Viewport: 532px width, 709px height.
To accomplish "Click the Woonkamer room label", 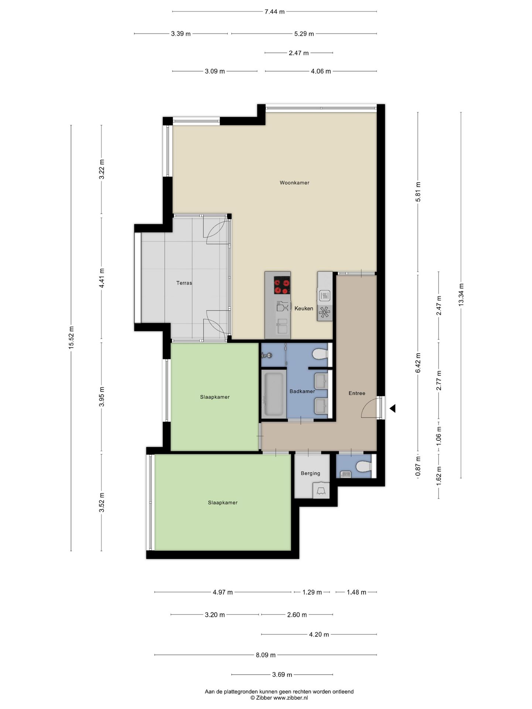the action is [x=294, y=182].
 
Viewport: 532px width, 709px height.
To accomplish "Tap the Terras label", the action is [x=184, y=283].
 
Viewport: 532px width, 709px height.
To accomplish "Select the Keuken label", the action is [x=304, y=308].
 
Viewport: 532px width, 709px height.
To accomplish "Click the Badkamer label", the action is [x=302, y=391].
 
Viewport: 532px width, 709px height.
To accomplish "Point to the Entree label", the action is [x=357, y=393].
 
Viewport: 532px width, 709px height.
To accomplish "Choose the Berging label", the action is [x=310, y=473].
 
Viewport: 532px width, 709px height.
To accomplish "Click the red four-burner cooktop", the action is [x=282, y=285].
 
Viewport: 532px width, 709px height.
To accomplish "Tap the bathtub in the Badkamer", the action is [x=274, y=394].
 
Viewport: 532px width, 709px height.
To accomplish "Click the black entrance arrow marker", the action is [x=392, y=408].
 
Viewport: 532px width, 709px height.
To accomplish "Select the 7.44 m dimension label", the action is [x=274, y=11].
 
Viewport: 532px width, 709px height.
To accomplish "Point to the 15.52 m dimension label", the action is [x=71, y=338].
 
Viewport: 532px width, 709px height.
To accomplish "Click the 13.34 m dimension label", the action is [x=461, y=294].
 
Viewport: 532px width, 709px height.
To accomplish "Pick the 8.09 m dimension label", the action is [x=266, y=655].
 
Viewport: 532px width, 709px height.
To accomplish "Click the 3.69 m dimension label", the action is [x=282, y=675].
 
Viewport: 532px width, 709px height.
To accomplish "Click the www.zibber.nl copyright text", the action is [x=279, y=698].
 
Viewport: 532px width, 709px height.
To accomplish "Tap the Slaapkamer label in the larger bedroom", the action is [x=222, y=503].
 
